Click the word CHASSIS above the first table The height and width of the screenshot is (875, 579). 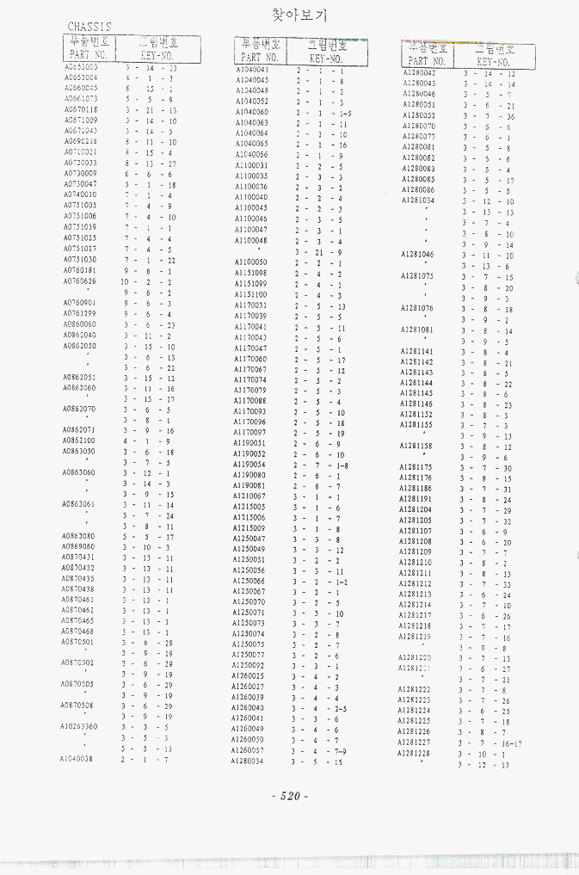[89, 27]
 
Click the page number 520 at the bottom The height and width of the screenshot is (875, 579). [290, 796]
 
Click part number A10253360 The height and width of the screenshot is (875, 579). [78, 726]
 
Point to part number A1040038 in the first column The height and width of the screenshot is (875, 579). [77, 759]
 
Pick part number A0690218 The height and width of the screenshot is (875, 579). [80, 141]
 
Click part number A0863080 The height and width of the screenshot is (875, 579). [78, 536]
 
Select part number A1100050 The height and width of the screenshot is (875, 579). [250, 262]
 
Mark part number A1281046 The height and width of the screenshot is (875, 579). [417, 255]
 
